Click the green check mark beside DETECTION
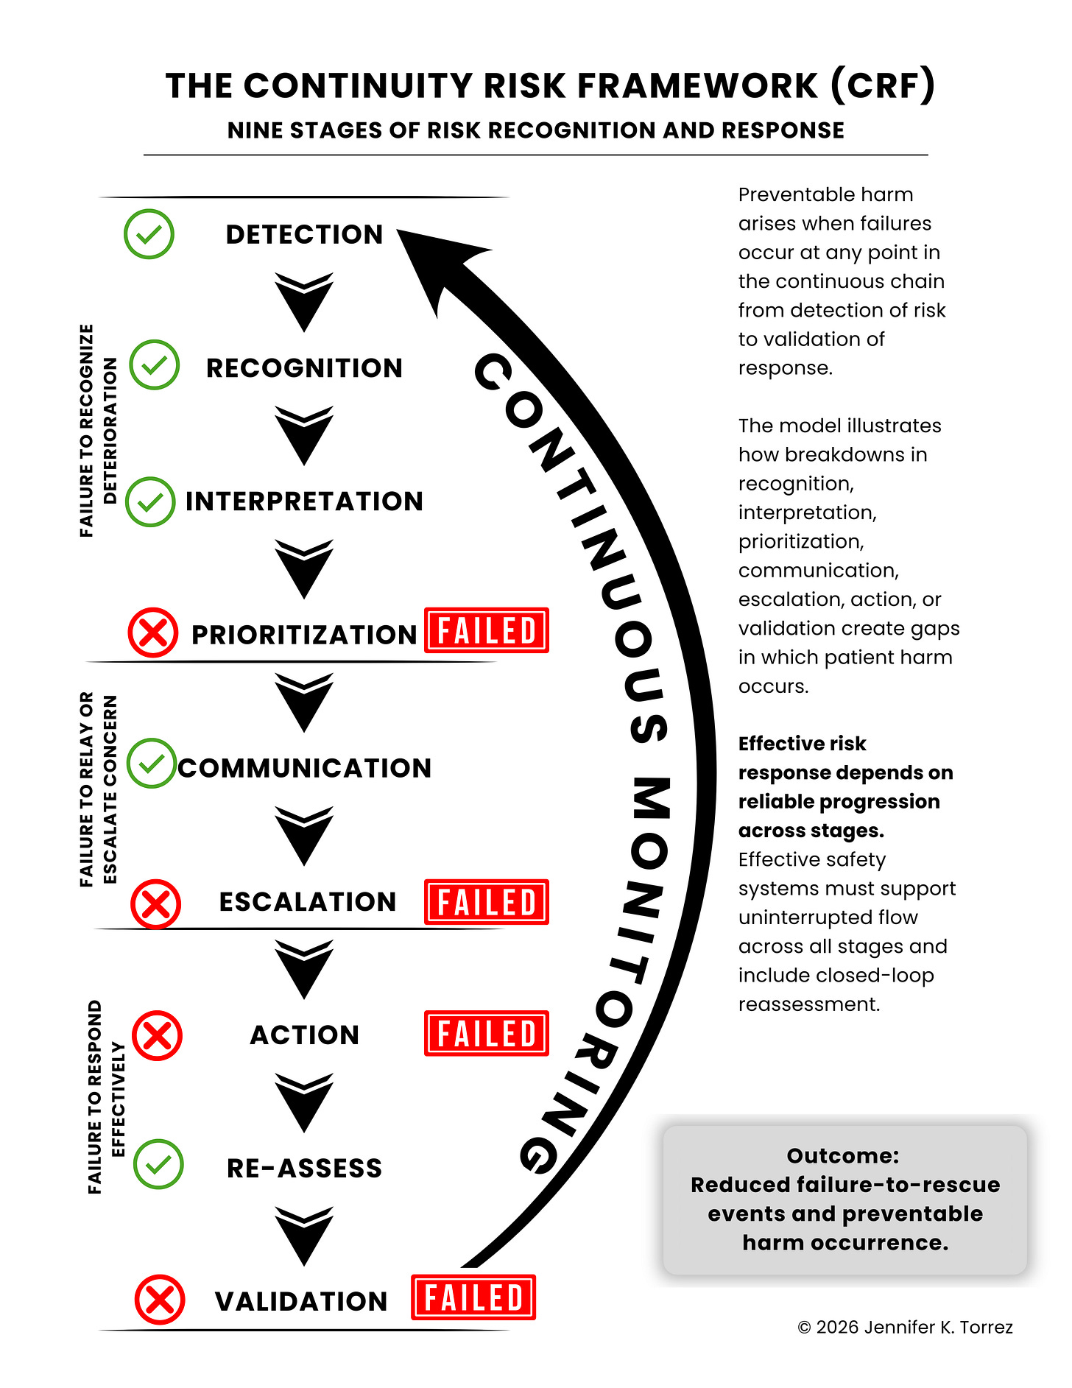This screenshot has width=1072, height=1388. pos(149,234)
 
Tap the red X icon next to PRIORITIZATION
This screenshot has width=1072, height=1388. pos(153,633)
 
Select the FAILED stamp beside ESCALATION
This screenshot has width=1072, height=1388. pos(487,902)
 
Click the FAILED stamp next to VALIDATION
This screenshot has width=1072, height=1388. pos(473,1297)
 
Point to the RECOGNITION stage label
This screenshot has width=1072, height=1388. pos(305,368)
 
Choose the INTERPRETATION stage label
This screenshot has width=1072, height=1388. pos(305,501)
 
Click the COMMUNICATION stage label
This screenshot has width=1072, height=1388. pos(305,768)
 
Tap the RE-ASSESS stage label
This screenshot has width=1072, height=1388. pos(305,1169)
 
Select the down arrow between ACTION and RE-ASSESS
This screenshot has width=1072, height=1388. pos(304,1102)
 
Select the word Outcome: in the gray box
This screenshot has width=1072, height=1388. pos(843,1156)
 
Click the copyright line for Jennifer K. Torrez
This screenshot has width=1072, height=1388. pos(905,1327)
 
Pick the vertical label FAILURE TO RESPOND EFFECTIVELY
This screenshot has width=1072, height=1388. pos(106,1096)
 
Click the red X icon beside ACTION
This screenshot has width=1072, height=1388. pos(157,1035)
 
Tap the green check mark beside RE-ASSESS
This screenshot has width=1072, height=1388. pos(158,1164)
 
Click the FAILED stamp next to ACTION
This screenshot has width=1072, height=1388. pos(487,1033)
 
